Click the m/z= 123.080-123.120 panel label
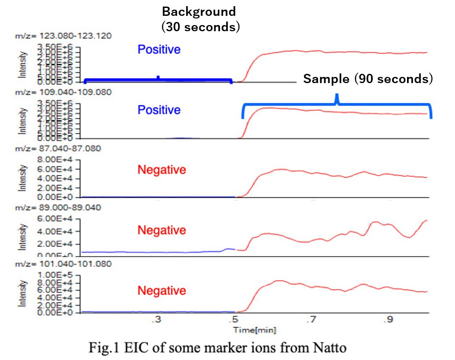point(63,36)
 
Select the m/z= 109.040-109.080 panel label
point(63,92)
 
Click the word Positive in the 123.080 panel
point(159,50)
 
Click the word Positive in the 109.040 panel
point(159,110)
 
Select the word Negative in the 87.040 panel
point(161,170)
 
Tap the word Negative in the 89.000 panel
point(161,230)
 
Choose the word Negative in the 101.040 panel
point(161,291)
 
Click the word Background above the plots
point(199,11)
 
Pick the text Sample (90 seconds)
point(368,79)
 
